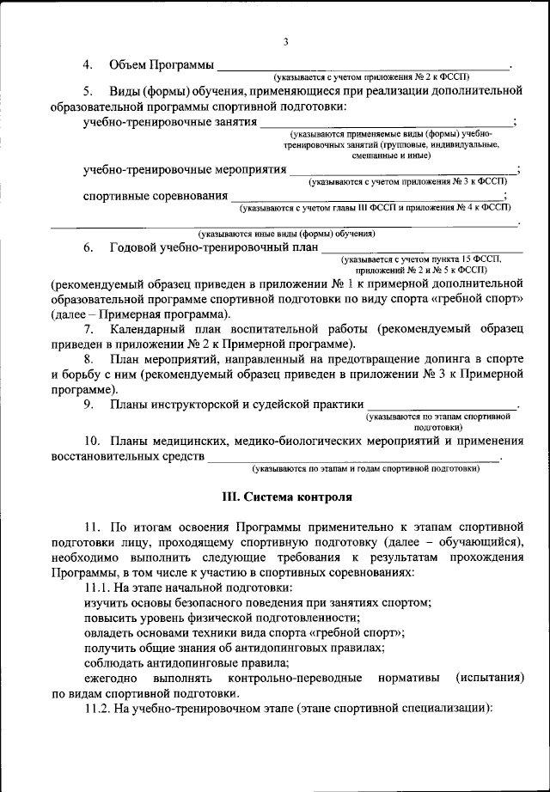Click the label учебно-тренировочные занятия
[x=170, y=122]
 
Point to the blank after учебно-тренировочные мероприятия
[x=404, y=170]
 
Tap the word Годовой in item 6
[x=133, y=247]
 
